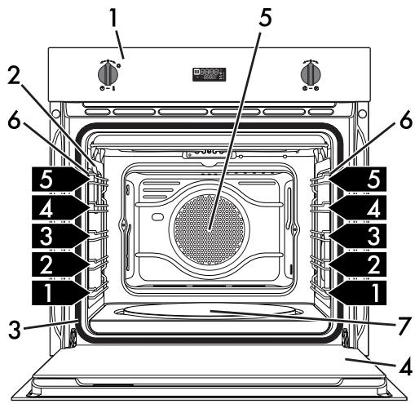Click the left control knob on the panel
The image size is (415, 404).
point(108,73)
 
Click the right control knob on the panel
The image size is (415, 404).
point(311,73)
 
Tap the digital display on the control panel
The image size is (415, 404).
point(210,74)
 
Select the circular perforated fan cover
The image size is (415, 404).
point(210,229)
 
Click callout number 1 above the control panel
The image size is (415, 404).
point(113,17)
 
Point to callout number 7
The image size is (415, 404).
point(404,326)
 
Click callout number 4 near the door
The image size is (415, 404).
point(406,366)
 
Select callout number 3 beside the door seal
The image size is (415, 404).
point(15,330)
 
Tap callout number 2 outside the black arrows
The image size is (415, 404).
point(14,75)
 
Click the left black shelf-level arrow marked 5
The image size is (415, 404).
point(60,179)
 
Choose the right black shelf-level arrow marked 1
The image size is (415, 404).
point(358,293)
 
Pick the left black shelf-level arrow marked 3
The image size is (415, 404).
point(60,236)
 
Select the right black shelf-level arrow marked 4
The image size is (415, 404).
point(358,207)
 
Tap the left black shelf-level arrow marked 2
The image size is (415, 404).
point(60,264)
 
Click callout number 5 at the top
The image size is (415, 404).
point(265,18)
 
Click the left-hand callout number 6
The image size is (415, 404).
point(14,121)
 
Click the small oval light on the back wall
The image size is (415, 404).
point(158,217)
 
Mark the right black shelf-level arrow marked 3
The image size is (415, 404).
point(358,236)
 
